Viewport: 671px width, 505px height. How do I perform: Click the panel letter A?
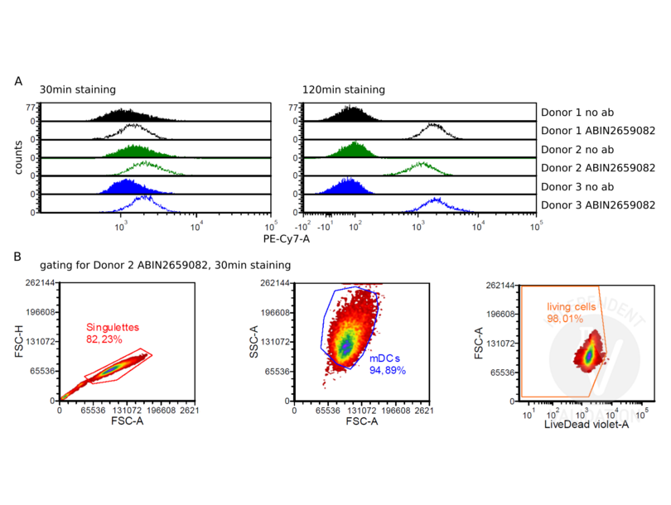click(19, 81)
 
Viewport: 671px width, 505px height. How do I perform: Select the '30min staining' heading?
click(77, 89)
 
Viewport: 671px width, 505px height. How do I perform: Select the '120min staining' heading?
click(340, 89)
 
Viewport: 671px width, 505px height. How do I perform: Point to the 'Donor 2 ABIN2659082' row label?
click(597, 168)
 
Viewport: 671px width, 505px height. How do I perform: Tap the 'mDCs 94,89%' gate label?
click(387, 365)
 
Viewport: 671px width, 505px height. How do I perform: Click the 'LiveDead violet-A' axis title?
click(583, 423)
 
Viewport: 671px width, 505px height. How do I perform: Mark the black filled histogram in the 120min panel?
click(354, 114)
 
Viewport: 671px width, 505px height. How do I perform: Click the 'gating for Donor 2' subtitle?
click(166, 266)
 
